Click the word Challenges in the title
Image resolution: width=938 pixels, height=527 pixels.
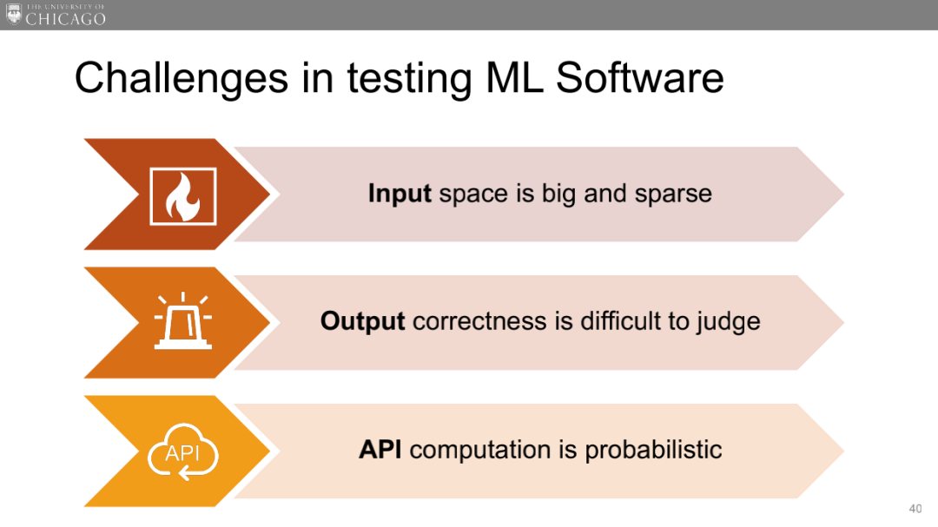pyautogui.click(x=182, y=79)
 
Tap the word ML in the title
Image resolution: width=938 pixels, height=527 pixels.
pyautogui.click(x=514, y=78)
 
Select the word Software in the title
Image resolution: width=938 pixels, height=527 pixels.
pyautogui.click(x=639, y=78)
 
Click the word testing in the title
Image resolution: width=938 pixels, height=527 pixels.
pyautogui.click(x=409, y=79)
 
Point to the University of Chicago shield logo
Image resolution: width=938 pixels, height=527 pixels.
pyautogui.click(x=14, y=14)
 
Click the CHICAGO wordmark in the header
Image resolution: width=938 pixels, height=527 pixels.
pyautogui.click(x=66, y=18)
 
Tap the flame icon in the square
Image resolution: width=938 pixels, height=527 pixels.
pyautogui.click(x=183, y=196)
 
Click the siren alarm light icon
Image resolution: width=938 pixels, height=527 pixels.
pyautogui.click(x=183, y=320)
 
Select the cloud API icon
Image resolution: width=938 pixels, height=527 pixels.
pyautogui.click(x=183, y=451)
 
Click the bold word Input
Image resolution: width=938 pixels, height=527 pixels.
pyautogui.click(x=400, y=194)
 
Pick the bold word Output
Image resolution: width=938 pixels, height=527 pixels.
pyautogui.click(x=362, y=321)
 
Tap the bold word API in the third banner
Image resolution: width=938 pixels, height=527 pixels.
pyautogui.click(x=380, y=449)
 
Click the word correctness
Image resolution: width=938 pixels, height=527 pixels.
pyautogui.click(x=479, y=322)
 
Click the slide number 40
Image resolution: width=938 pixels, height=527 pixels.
pyautogui.click(x=915, y=509)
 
